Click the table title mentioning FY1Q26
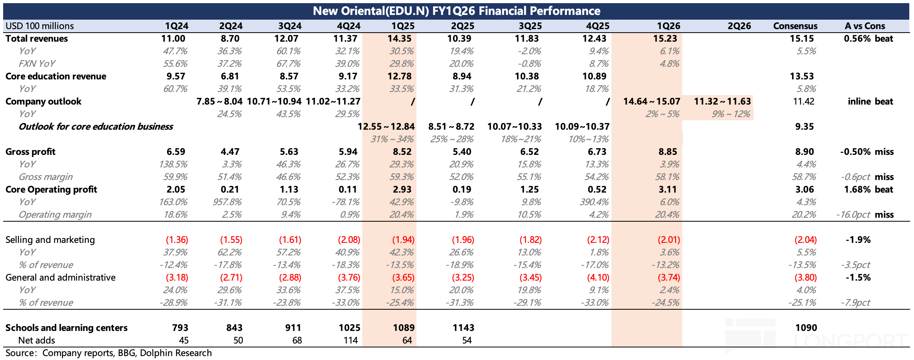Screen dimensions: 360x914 pyautogui.click(x=456, y=11)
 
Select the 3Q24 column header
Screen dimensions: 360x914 pyautogui.click(x=290, y=26)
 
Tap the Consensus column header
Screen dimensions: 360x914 pyautogui.click(x=795, y=26)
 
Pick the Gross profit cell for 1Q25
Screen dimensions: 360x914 pyautogui.click(x=402, y=152)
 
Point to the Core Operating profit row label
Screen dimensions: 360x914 pyautogui.click(x=51, y=189)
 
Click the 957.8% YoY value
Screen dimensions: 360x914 pyautogui.click(x=229, y=202)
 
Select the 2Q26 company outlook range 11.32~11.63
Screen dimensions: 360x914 pyautogui.click(x=722, y=101)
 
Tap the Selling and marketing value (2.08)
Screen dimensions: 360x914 pyautogui.click(x=349, y=240)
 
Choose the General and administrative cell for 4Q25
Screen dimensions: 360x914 pyautogui.click(x=598, y=277)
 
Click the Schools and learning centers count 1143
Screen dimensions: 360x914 pyautogui.click(x=463, y=328)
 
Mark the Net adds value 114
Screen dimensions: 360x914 pyautogui.click(x=350, y=340)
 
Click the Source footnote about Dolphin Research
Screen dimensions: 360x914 pyautogui.click(x=108, y=353)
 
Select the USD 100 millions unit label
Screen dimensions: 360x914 pyautogui.click(x=40, y=26)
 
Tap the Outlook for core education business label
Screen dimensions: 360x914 pyautogui.click(x=96, y=127)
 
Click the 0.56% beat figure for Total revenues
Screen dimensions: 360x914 pyautogui.click(x=868, y=39)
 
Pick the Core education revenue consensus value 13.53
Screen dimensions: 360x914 pyautogui.click(x=802, y=76)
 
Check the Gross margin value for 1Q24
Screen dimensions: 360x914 pyautogui.click(x=175, y=177)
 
